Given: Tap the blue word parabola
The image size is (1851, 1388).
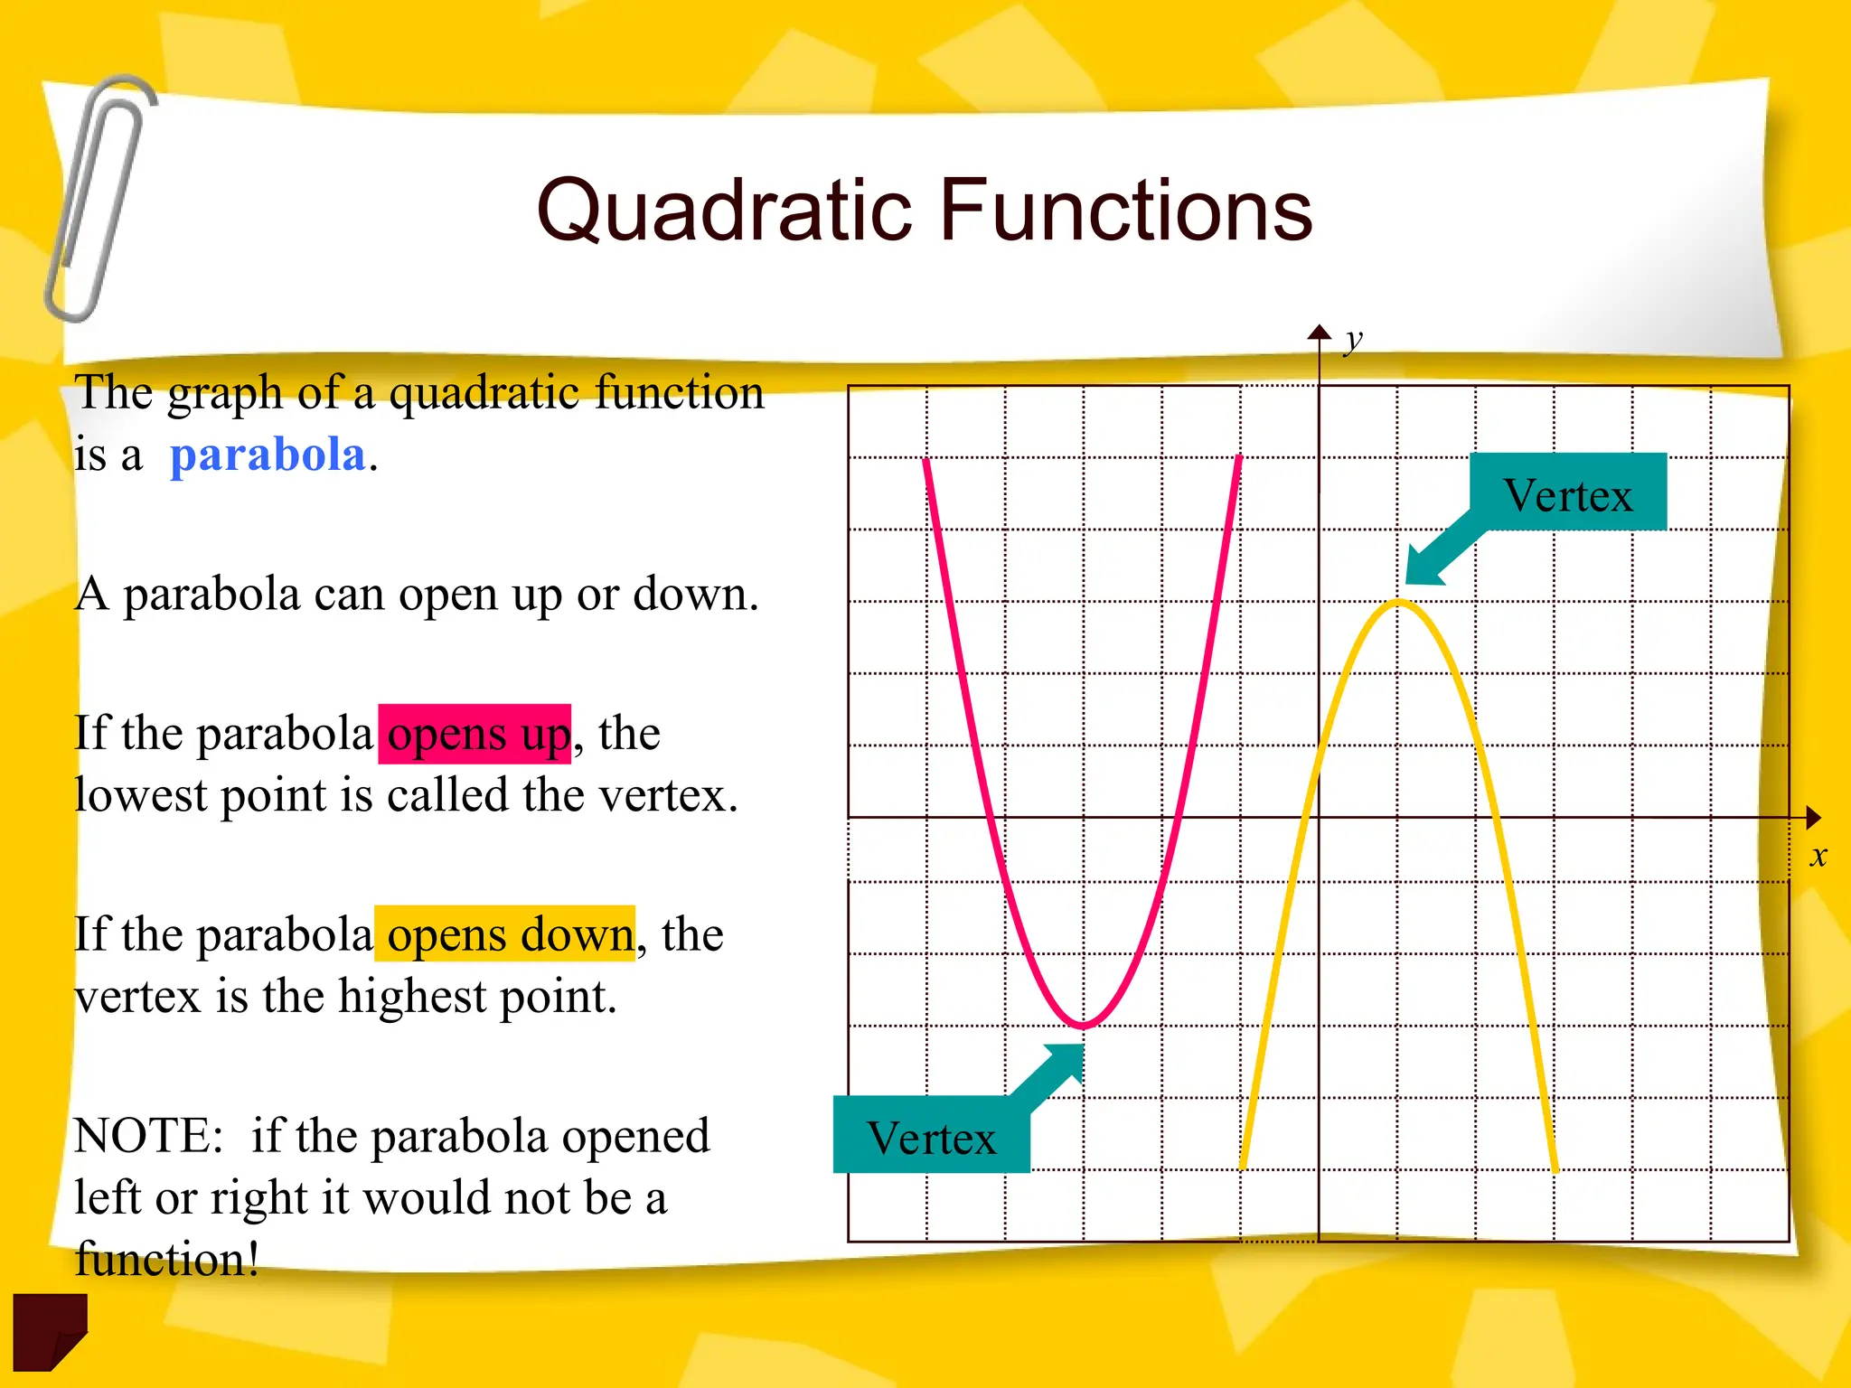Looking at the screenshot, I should [268, 455].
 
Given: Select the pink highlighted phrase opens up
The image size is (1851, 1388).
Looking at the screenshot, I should [475, 734].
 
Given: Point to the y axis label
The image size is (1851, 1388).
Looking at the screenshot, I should [1352, 341].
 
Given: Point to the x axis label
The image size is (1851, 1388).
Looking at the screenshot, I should [1818, 855].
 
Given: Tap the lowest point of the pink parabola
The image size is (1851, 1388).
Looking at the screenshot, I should [1083, 1026].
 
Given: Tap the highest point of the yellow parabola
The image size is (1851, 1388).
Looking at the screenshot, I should [1398, 602].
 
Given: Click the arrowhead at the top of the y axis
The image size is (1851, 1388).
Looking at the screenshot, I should [1320, 332].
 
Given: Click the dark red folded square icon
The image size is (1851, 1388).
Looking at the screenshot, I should [50, 1329].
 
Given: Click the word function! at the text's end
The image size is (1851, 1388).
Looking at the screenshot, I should [167, 1259].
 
